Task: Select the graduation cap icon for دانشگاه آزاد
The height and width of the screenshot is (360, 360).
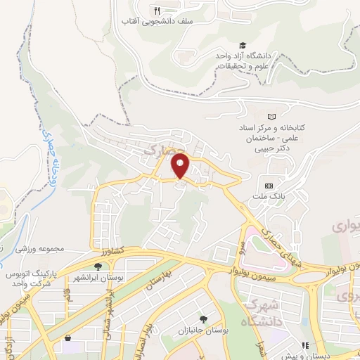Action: pyautogui.click(x=242, y=45)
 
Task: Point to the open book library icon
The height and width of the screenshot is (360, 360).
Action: pyautogui.click(x=271, y=116)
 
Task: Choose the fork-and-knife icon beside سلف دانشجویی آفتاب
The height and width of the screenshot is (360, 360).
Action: pyautogui.click(x=157, y=11)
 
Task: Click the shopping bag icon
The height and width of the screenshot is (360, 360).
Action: pyautogui.click(x=68, y=338)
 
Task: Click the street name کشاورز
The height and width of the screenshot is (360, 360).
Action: pyautogui.click(x=112, y=250)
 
